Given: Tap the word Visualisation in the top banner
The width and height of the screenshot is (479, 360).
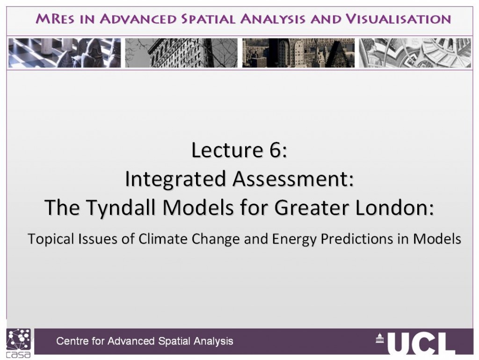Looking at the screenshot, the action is tap(399, 19).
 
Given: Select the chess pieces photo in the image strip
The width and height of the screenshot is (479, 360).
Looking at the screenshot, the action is tap(65, 53).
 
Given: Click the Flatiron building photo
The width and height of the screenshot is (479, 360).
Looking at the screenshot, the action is tap(181, 53).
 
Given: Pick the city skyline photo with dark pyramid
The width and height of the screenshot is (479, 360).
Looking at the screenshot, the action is tap(298, 53).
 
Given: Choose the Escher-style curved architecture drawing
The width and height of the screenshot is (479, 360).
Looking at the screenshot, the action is tap(415, 53).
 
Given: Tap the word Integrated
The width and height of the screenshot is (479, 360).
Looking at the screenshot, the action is tap(176, 179).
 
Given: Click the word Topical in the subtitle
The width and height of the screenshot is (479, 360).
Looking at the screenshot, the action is tap(51, 239).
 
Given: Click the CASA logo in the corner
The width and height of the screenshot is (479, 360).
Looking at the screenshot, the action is tap(19, 343).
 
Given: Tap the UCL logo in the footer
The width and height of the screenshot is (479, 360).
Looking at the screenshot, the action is tap(415, 343).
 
